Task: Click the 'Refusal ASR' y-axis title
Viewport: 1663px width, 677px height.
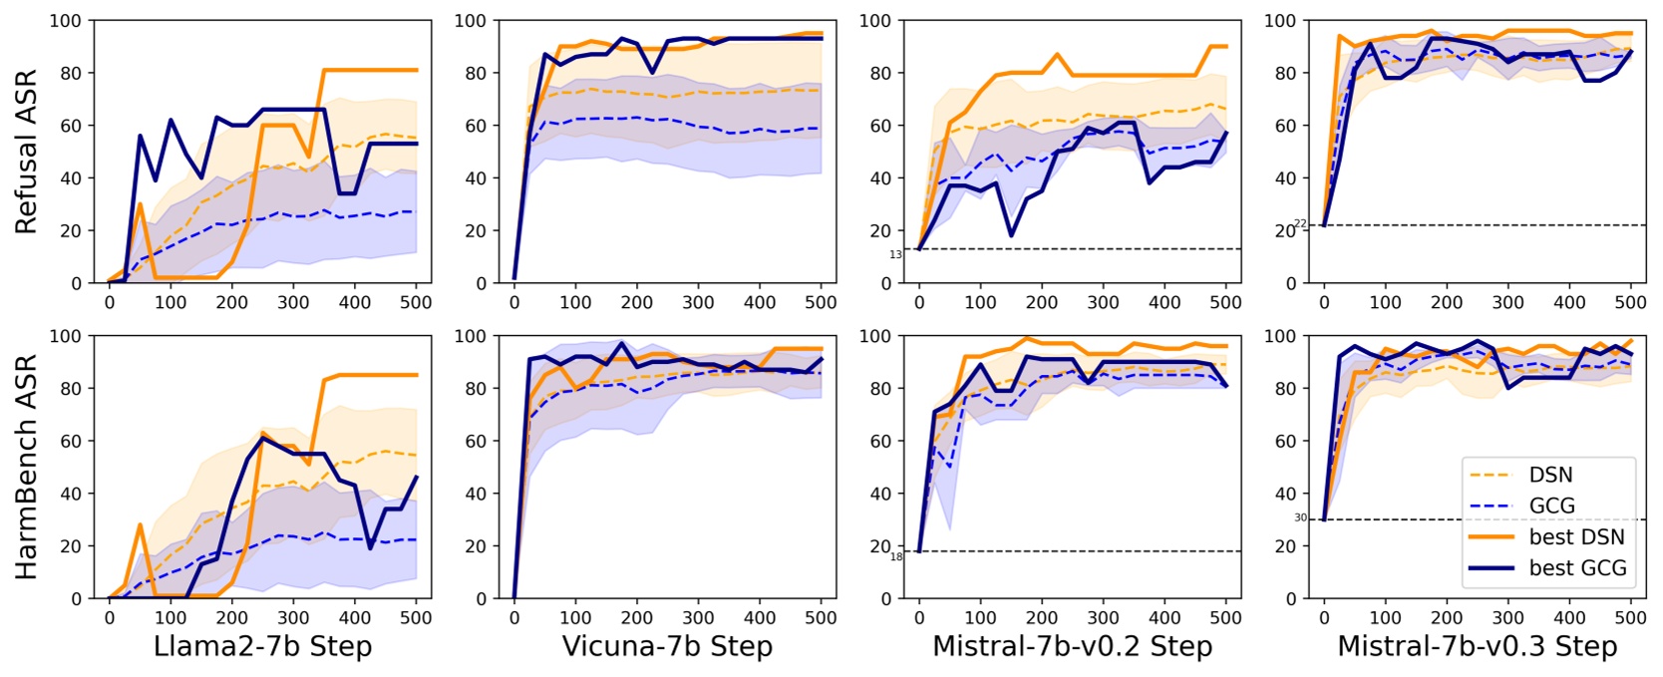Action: [26, 152]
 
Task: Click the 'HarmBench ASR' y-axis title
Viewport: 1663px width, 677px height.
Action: [26, 467]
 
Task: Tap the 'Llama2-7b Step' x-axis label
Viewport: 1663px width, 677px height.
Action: [262, 646]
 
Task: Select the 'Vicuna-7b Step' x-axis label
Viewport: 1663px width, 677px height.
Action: [667, 646]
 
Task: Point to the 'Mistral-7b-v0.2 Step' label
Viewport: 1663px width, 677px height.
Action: [1072, 646]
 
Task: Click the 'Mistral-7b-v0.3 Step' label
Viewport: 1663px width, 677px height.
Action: [1477, 646]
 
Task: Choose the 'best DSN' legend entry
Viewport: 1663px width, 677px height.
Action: [1575, 537]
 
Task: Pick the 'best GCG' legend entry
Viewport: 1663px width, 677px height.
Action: [1577, 568]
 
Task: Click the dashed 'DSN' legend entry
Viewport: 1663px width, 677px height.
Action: [1550, 475]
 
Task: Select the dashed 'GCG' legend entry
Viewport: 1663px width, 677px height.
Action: [1551, 506]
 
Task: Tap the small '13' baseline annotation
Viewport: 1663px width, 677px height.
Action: [895, 255]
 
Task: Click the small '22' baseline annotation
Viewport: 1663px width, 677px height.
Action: [1300, 224]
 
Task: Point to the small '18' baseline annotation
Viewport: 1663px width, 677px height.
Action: [895, 556]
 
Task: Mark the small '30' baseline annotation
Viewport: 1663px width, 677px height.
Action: [1300, 518]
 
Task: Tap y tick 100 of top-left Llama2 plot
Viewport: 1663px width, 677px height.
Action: [66, 21]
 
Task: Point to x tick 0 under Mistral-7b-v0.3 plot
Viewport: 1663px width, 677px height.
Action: [1324, 617]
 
